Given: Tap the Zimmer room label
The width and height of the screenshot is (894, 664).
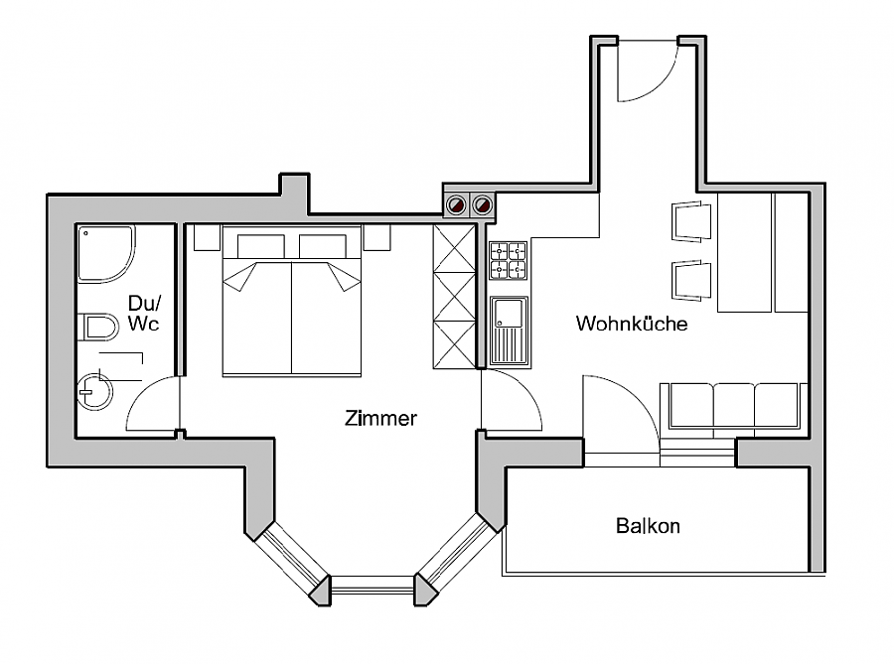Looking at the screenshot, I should click(380, 418).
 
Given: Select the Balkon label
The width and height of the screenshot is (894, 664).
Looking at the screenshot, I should click(648, 525).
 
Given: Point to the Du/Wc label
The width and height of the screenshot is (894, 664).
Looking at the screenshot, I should click(143, 313).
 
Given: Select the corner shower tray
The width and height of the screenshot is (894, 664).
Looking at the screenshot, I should click(105, 254).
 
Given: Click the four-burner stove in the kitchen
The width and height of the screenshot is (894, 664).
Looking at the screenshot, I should click(509, 261).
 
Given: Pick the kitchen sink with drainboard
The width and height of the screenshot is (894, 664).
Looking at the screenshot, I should click(509, 331).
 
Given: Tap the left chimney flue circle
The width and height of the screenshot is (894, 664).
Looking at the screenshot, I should click(456, 205).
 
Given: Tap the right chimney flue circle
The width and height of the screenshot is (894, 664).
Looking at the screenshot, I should click(483, 205).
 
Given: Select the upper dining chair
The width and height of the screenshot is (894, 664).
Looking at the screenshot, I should click(691, 220).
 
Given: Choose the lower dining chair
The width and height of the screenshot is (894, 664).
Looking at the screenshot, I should click(691, 279).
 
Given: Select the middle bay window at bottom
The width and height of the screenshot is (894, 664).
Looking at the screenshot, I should click(372, 589).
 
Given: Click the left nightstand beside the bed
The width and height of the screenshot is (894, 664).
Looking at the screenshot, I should click(206, 237).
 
